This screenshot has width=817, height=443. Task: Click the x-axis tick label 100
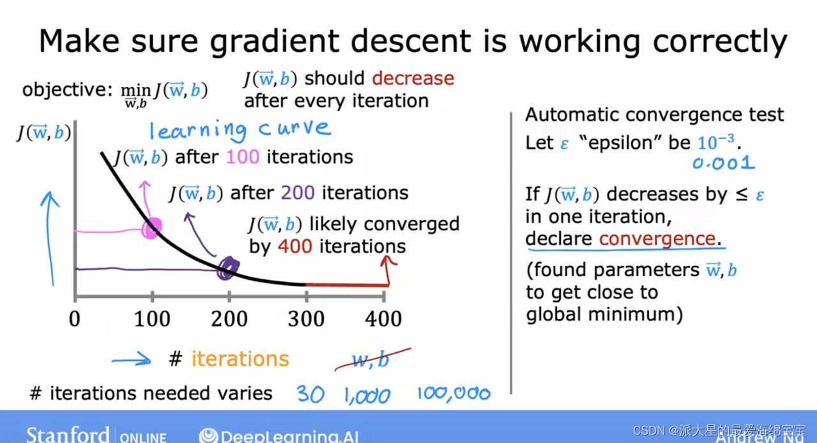coord(152,319)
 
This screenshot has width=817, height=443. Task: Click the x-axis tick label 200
coord(229,319)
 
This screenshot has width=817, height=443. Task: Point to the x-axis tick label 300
coord(305,319)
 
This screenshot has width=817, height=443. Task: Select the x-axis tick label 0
coord(75,319)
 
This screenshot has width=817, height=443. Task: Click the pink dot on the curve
coord(153,227)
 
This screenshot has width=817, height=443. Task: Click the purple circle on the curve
coord(227,269)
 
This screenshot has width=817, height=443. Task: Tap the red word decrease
coord(413,79)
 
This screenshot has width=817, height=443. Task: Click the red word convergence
coord(657,238)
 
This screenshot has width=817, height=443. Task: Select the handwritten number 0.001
coord(723,163)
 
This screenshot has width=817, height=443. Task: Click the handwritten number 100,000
coord(454,394)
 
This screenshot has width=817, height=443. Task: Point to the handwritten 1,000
coord(367,396)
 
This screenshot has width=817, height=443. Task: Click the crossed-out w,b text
coord(371,360)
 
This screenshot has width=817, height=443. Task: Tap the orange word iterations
coord(240,359)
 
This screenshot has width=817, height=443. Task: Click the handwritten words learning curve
coord(240,130)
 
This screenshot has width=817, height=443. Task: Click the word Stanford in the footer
coord(68,435)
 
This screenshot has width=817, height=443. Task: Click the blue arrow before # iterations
coord(132,361)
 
